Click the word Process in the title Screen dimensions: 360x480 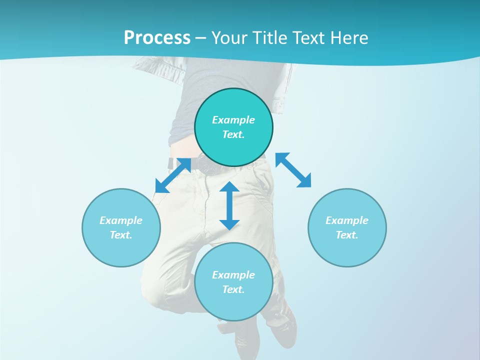tap(157, 37)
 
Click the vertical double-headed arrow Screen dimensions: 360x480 tap(229, 205)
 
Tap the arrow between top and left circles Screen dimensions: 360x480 tap(173, 175)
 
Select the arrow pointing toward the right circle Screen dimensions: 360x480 tap(293, 170)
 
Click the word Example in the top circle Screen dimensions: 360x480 tap(233, 120)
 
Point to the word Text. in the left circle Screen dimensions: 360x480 tap(121, 235)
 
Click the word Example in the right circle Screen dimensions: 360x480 tap(347, 220)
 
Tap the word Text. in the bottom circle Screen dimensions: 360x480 tap(233, 289)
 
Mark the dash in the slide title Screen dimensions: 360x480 tap(201, 38)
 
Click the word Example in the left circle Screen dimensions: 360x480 tap(121, 220)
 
